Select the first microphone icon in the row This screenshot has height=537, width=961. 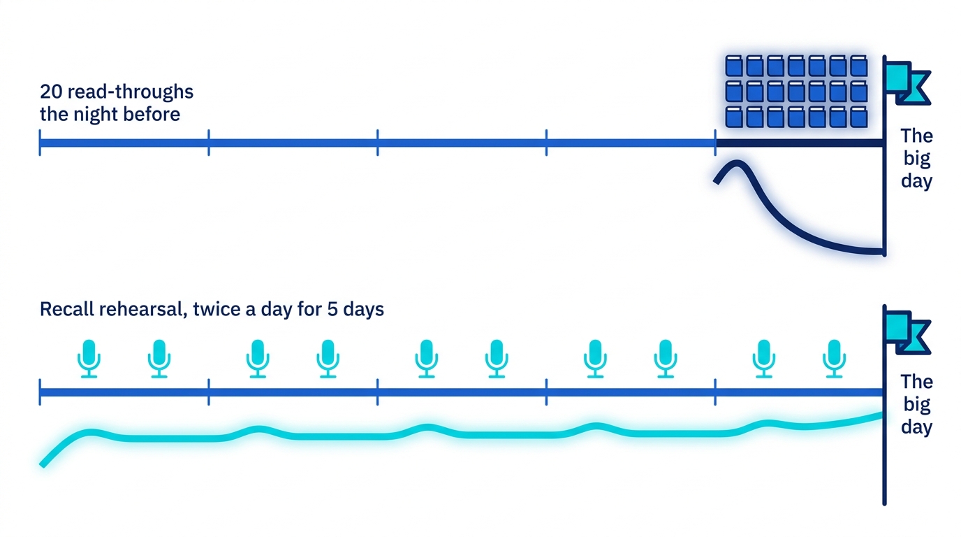point(89,359)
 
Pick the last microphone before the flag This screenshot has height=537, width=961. point(834,359)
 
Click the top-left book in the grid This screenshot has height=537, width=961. point(734,66)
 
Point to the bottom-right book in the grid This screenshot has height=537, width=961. point(859,117)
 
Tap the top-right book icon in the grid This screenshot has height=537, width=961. point(859,66)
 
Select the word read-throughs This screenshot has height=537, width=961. point(131,92)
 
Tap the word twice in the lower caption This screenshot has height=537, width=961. point(217,309)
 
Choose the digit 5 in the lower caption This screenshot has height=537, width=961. point(332,309)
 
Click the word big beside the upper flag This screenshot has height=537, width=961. point(917,159)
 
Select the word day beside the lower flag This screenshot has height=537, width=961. point(917,427)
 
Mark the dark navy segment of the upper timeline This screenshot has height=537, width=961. point(800,143)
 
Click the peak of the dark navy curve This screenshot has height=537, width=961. point(738,163)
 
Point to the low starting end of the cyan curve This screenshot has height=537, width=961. point(43,464)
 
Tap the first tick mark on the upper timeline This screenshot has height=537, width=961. point(40,143)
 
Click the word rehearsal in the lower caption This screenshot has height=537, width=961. point(143,309)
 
